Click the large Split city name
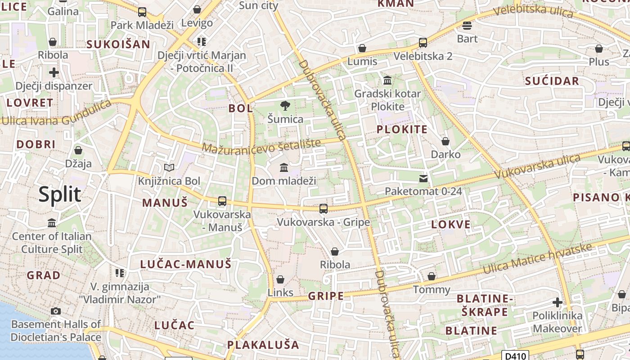tap(60, 194)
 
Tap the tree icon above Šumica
tap(285, 106)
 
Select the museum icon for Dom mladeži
tap(284, 168)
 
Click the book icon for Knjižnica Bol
tap(169, 168)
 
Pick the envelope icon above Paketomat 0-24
tap(423, 179)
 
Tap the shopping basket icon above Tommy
tap(432, 276)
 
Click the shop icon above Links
tap(280, 279)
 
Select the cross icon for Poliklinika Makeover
tap(558, 302)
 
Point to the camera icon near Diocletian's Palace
tap(56, 311)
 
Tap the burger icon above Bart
tap(467, 25)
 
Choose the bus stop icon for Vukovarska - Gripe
tap(324, 208)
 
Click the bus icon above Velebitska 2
tap(423, 43)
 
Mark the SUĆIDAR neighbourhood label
tap(552, 81)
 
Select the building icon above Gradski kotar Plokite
tap(387, 81)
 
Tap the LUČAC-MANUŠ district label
tap(185, 264)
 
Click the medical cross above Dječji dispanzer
tap(54, 72)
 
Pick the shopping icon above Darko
tap(445, 141)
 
